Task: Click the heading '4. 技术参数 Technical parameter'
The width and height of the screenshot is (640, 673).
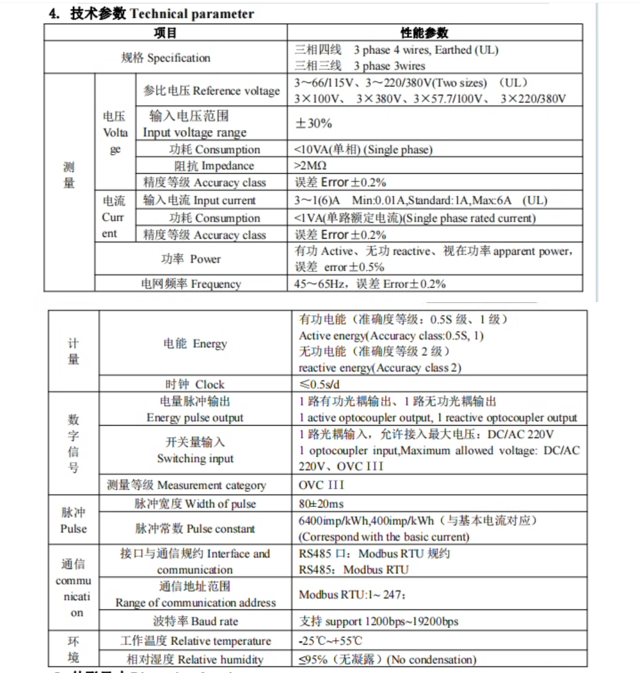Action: (x=151, y=13)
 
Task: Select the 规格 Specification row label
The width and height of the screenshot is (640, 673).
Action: (x=165, y=58)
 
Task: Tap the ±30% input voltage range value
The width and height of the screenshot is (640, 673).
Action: (x=314, y=123)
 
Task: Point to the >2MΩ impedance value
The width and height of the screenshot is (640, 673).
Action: (x=310, y=166)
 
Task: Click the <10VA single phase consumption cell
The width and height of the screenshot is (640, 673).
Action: (x=363, y=150)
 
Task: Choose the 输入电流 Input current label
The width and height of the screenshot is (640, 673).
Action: (x=199, y=201)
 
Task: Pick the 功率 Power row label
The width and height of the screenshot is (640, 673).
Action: (x=190, y=259)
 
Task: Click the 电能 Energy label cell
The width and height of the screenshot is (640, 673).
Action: (x=195, y=343)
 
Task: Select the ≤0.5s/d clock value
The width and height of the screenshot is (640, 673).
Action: (x=319, y=384)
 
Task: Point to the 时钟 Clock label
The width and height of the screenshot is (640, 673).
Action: (x=195, y=384)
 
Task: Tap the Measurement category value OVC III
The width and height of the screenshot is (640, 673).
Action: (x=321, y=485)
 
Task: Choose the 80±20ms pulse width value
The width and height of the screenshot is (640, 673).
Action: (x=321, y=504)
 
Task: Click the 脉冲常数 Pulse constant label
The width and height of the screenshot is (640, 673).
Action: (x=195, y=528)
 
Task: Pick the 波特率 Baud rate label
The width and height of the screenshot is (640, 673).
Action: (x=195, y=621)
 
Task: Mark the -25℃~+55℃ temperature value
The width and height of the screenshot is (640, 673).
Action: (x=330, y=641)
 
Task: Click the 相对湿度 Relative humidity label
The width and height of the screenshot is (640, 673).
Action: (x=195, y=659)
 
